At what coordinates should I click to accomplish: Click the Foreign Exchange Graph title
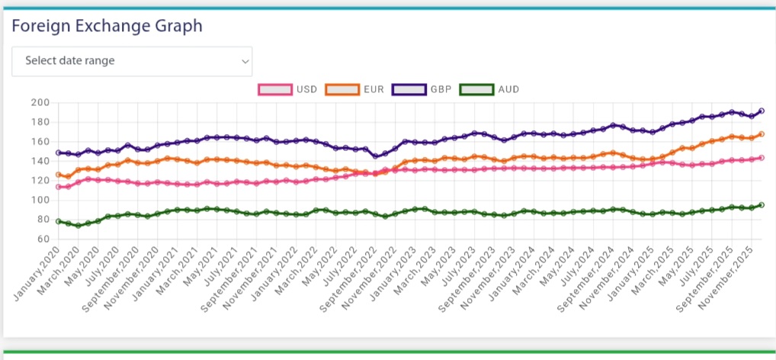click(x=107, y=26)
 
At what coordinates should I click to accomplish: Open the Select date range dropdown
click(x=131, y=61)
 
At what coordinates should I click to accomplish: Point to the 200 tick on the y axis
click(x=40, y=103)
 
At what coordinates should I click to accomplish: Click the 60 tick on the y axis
click(x=43, y=239)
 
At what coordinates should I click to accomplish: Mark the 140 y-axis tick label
click(x=40, y=161)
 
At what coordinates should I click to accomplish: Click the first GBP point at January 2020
click(x=58, y=153)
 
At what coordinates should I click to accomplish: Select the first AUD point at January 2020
click(x=58, y=221)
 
